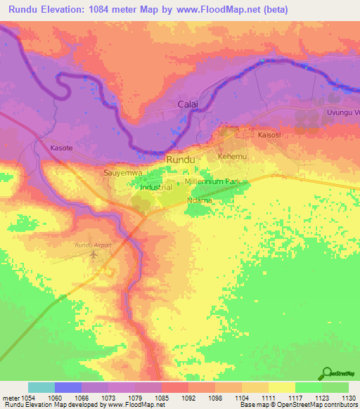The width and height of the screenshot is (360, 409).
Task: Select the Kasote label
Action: tap(62, 148)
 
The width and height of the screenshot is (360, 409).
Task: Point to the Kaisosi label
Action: tap(270, 134)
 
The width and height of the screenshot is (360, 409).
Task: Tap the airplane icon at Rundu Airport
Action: tap(95, 254)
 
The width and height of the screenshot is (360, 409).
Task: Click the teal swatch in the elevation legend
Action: tap(41, 387)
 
